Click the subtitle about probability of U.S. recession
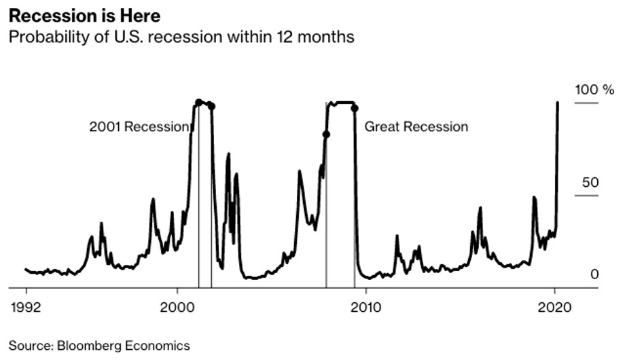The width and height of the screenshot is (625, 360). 181,36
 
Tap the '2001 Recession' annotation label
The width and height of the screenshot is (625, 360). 139,126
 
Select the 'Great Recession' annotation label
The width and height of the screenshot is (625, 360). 416,126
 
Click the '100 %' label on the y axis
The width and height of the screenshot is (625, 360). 594,90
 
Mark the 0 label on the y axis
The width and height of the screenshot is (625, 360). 594,274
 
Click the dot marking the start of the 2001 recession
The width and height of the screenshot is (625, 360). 198,103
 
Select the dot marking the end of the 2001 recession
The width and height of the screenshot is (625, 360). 211,106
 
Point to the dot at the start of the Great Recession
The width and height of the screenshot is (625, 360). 326,134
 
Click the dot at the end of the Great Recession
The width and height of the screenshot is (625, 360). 354,108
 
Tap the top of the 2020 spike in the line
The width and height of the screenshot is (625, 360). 558,103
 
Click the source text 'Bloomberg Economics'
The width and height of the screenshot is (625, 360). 99,346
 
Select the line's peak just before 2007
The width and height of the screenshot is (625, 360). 300,171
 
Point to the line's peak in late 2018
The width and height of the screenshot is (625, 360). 534,198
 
